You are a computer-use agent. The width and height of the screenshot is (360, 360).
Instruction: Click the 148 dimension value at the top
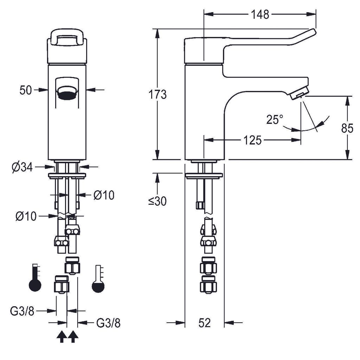click(x=260, y=14)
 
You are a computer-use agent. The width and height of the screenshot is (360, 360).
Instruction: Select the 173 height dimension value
click(x=157, y=94)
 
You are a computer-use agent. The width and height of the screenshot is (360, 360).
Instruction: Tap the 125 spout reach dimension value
click(x=252, y=140)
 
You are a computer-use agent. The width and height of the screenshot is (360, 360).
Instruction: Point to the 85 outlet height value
click(x=347, y=128)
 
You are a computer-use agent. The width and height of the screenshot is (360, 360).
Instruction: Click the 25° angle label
click(x=275, y=120)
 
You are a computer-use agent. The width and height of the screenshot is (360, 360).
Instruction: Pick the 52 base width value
click(x=205, y=323)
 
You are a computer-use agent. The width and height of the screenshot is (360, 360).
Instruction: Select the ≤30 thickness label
click(x=157, y=201)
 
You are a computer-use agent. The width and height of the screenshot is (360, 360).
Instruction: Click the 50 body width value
click(x=25, y=90)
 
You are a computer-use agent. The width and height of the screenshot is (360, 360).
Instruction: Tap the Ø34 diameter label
click(x=22, y=167)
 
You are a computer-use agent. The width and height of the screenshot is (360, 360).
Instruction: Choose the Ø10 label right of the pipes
click(x=104, y=195)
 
